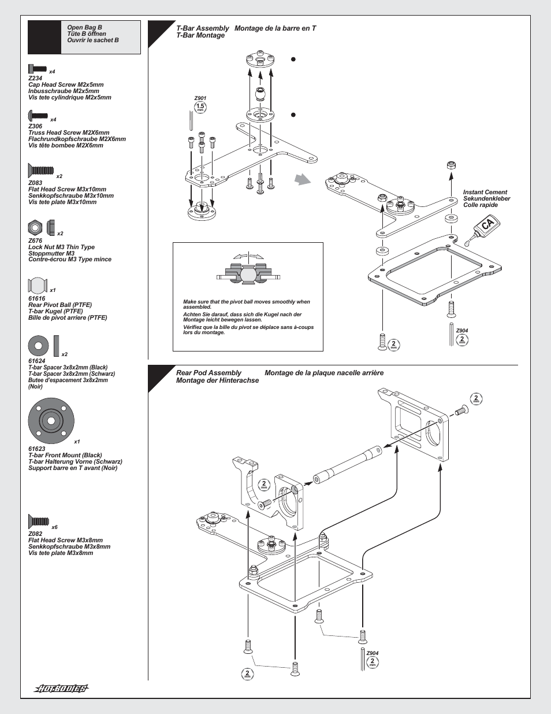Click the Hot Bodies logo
point(61,689)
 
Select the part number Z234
point(35,79)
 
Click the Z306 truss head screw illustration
point(38,116)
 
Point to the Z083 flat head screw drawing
point(40,171)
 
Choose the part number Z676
point(35,241)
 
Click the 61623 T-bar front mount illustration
point(51,421)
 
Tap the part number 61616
point(36,299)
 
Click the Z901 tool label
point(200,99)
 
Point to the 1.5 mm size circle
point(200,107)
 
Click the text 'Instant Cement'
point(485,193)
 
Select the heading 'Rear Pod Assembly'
point(209,373)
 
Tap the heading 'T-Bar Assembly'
point(203,28)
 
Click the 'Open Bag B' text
point(84,27)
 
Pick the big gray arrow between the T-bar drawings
point(302,180)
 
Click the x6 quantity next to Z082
point(54,527)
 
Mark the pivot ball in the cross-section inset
point(248,274)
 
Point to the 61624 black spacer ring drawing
point(38,346)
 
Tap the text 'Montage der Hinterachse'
point(217,380)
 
